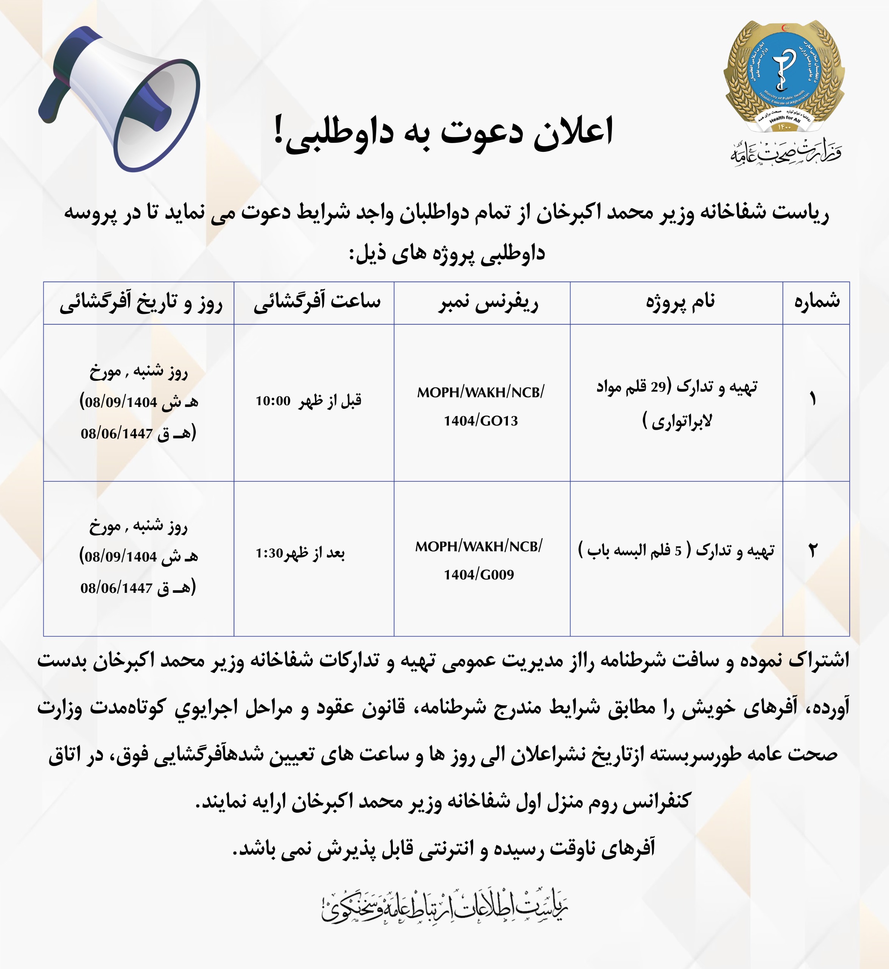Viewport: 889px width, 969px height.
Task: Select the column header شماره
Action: (x=816, y=302)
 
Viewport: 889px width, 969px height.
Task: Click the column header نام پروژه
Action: (x=680, y=302)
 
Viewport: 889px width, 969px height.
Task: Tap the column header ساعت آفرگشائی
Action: (x=317, y=302)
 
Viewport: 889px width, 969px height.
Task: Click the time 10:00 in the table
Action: (x=273, y=401)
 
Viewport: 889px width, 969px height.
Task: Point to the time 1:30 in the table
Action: (x=269, y=553)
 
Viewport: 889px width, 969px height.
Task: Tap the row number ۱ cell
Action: (x=813, y=399)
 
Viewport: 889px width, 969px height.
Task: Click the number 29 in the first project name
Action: (x=658, y=386)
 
